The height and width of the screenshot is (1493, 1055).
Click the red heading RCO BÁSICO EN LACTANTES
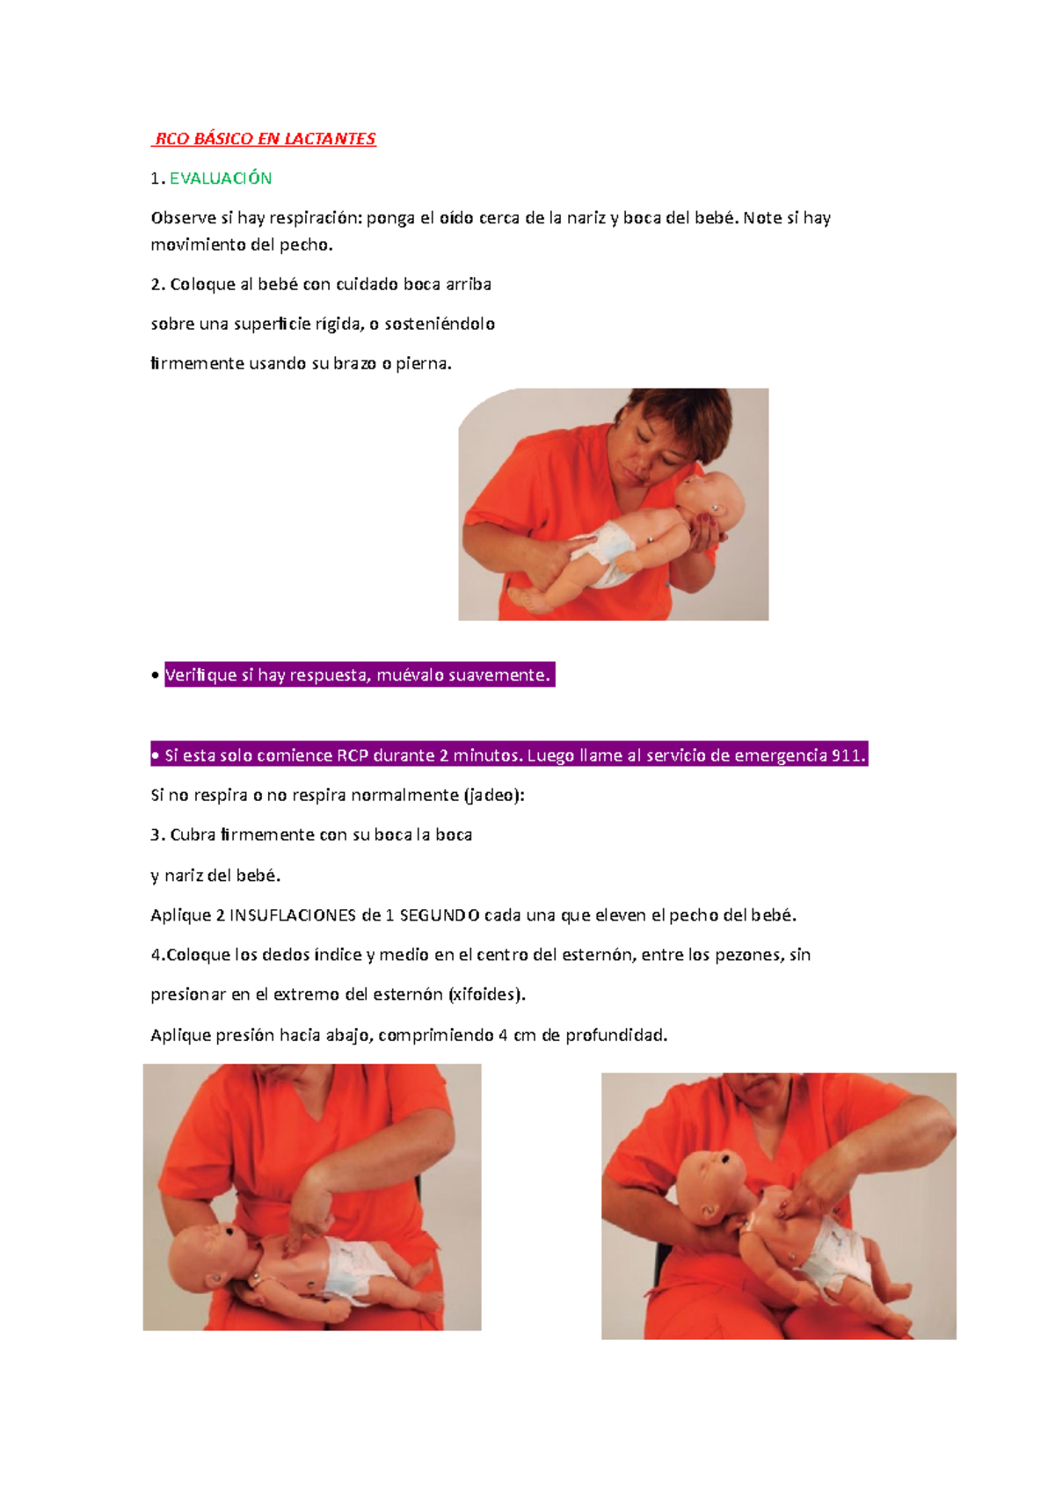(x=265, y=139)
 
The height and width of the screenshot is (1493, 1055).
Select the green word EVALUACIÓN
(x=221, y=178)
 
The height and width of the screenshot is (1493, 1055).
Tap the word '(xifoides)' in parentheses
(x=486, y=994)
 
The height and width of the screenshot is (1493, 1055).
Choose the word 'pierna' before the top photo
(x=422, y=363)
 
